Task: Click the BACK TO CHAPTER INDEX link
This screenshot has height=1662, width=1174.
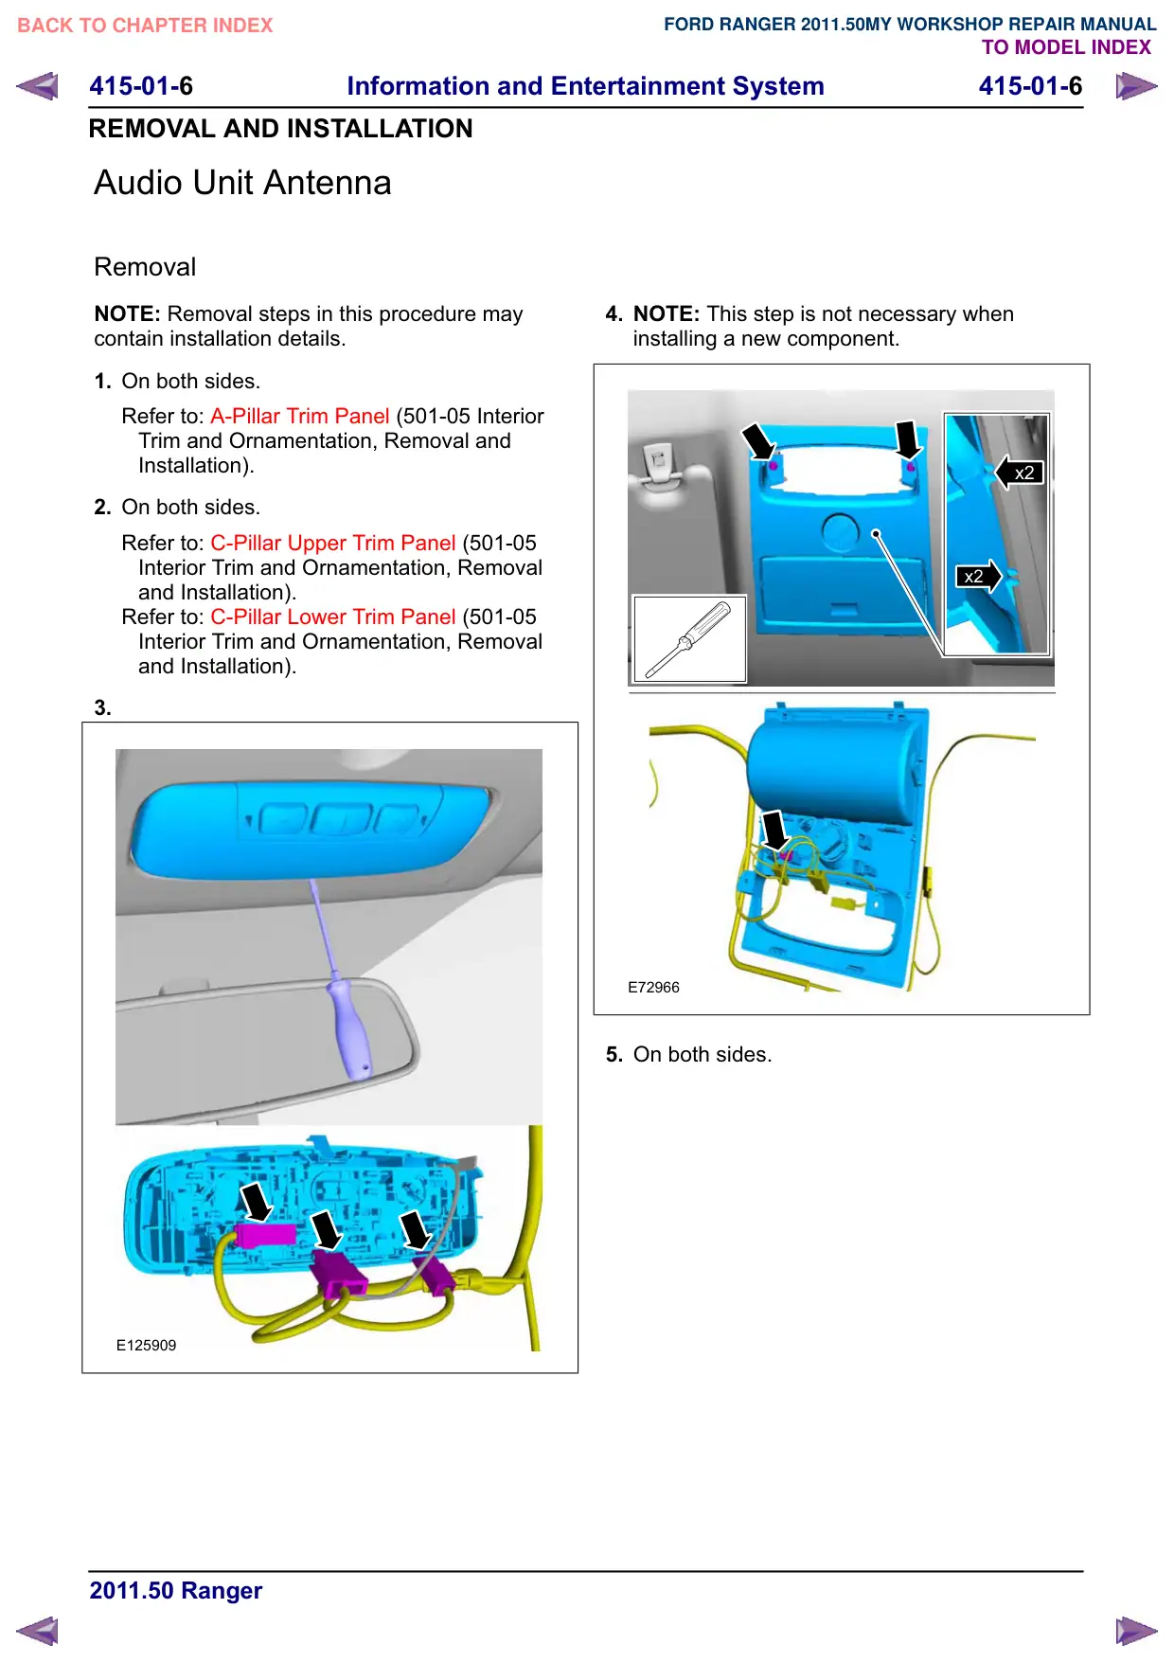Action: point(145,26)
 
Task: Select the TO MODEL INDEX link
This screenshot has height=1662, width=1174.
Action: point(1066,47)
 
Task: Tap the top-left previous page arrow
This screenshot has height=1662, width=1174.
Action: point(37,86)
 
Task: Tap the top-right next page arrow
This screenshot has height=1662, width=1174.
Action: point(1136,86)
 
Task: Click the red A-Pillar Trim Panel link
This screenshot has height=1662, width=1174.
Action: point(300,416)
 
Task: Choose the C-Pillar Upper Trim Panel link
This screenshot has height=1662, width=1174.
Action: point(333,543)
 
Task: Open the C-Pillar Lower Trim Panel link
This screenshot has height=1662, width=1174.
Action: point(333,617)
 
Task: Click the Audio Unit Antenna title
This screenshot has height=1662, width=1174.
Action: point(242,183)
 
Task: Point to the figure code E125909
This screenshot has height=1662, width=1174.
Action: point(146,1345)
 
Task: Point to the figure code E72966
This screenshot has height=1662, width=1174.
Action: point(653,987)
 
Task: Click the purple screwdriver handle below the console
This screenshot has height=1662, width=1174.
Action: point(350,1029)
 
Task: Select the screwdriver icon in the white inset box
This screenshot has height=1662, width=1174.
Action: point(688,639)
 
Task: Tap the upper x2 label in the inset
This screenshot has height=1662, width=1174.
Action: point(1024,473)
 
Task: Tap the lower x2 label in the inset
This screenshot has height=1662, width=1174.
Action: point(973,576)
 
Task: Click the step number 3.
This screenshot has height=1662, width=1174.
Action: point(102,707)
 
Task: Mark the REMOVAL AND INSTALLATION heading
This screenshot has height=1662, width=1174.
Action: point(280,129)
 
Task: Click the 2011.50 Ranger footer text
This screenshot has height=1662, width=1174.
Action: point(175,1590)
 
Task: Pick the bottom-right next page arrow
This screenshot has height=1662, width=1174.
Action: point(1136,1631)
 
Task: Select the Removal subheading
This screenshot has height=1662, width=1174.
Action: point(145,267)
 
